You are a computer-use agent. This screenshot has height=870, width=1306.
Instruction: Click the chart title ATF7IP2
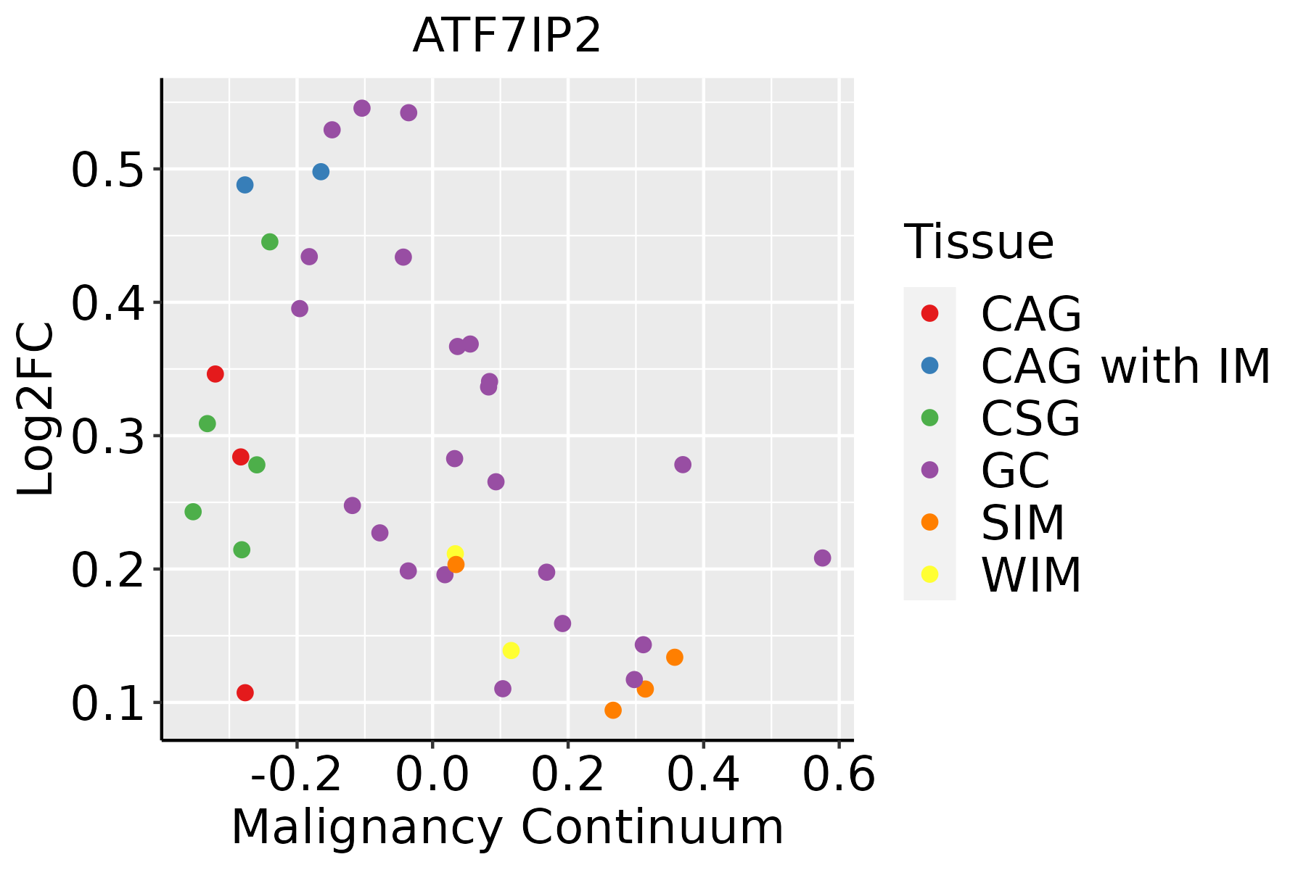[x=506, y=36]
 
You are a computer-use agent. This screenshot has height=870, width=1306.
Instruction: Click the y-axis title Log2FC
[x=36, y=410]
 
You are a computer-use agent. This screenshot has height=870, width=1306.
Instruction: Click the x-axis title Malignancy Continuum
[x=507, y=827]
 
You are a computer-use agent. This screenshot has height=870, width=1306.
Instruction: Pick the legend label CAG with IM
[x=1125, y=366]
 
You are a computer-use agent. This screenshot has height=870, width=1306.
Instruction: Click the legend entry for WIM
[x=1031, y=575]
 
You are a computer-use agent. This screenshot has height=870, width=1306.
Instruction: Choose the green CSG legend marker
[x=929, y=418]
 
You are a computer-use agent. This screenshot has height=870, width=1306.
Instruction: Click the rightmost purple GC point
[x=822, y=558]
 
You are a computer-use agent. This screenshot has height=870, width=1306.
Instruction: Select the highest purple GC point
[x=362, y=109]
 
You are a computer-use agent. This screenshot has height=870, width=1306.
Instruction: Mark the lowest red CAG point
[x=245, y=693]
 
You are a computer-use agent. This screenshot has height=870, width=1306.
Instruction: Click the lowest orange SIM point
[x=613, y=710]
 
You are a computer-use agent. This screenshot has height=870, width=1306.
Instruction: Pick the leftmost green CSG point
[x=193, y=512]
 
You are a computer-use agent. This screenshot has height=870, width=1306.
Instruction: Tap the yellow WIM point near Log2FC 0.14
[x=511, y=650]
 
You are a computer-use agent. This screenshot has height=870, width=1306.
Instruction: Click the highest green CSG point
[x=270, y=242]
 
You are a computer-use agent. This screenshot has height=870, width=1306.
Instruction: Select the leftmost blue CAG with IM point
[x=245, y=185]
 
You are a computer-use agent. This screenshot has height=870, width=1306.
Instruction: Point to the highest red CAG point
[x=215, y=374]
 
